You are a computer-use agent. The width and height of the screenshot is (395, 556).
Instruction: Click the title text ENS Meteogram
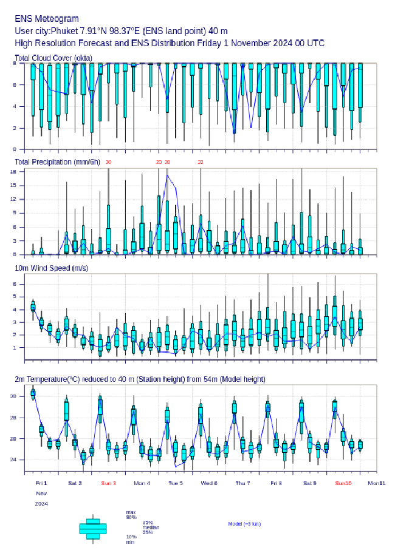tap(46, 19)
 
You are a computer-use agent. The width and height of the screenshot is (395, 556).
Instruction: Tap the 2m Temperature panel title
tap(140, 379)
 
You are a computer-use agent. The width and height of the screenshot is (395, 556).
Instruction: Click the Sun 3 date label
tap(108, 483)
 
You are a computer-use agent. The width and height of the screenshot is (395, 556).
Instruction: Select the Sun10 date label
tap(343, 483)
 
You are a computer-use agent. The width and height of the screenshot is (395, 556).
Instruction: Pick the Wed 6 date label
tap(208, 483)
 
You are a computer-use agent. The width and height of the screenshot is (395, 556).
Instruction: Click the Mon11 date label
tap(377, 483)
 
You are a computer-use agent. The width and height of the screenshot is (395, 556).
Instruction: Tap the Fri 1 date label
tap(41, 483)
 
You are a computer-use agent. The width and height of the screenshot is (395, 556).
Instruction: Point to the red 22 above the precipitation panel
tap(200, 163)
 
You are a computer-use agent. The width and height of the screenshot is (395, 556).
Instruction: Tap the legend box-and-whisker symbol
tap(93, 529)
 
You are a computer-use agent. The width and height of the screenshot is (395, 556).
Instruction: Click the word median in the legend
tap(151, 527)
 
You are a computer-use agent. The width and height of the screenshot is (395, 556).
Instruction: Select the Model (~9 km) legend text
tap(244, 524)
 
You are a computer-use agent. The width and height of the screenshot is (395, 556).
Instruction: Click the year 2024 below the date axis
tap(41, 504)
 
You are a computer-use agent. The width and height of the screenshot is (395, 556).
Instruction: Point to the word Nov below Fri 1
tap(40, 493)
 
